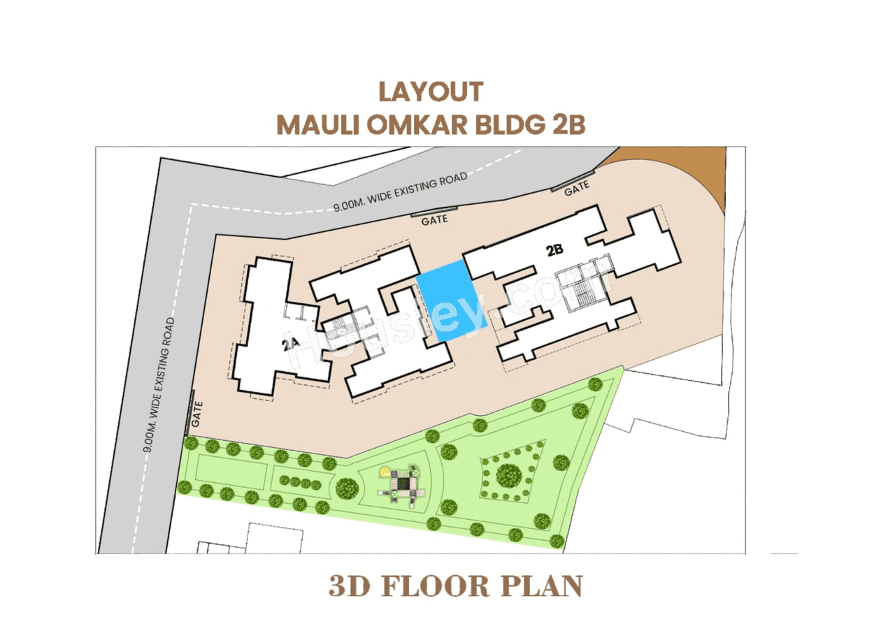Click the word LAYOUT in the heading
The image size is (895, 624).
tap(431, 92)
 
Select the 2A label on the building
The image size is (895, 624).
tap(291, 343)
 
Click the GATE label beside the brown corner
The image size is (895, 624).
tap(576, 187)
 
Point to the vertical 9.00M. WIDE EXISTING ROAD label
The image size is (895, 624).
tap(160, 385)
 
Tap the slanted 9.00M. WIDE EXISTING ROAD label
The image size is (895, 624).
tap(400, 193)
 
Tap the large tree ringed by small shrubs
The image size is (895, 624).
tap(508, 476)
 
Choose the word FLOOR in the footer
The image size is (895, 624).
tap(447, 586)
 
